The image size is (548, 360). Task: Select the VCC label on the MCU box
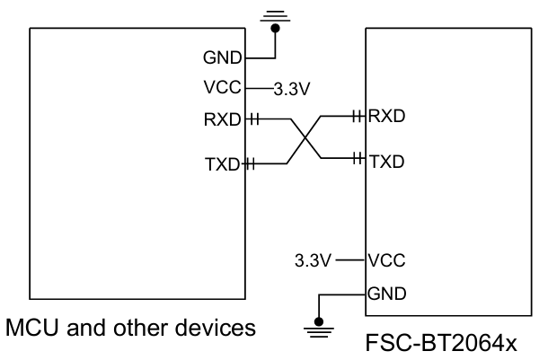coord(223,88)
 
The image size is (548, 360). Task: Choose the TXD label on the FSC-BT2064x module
coord(387,162)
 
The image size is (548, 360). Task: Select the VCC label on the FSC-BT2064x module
coord(387,261)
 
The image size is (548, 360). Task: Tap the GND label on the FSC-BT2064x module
coord(387,293)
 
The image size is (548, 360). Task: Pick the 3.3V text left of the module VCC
coord(313,261)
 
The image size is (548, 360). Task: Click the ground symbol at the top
coord(275,15)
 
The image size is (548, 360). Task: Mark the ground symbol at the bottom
coord(315,332)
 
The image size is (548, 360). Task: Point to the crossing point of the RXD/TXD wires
coord(305,140)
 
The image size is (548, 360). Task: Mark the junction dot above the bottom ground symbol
coord(315,320)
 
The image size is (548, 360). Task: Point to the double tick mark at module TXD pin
coord(358,162)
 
